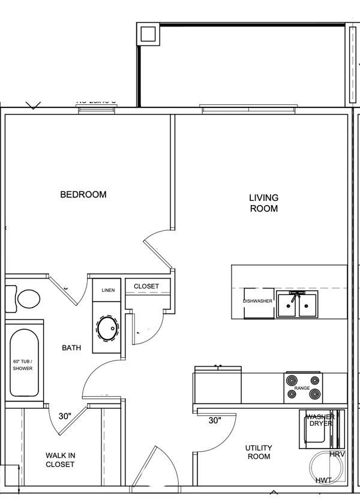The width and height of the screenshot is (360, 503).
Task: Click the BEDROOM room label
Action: coord(83,195)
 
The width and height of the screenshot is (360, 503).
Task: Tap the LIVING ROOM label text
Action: coord(264,203)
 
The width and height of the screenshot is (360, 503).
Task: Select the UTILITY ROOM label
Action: coord(259,453)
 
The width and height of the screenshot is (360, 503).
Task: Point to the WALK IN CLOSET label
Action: coord(60,459)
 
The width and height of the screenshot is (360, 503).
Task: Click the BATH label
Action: coord(71,348)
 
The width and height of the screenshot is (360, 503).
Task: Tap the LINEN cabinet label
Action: coord(108,290)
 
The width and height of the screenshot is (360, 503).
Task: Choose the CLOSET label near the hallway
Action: coord(146,287)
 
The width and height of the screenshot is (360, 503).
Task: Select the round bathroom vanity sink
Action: coord(108,328)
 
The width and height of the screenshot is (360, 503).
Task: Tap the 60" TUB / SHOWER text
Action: coord(23,365)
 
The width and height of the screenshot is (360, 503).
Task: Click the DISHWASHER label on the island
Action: coord(258,301)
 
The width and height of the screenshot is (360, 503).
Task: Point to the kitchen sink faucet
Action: coord(295,296)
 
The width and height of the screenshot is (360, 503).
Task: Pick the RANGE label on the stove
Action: coord(302,388)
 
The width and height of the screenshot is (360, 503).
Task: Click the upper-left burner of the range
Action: coord(292,380)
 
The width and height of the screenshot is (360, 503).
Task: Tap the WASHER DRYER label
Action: coord(320,420)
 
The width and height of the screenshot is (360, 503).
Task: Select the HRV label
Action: coord(337,454)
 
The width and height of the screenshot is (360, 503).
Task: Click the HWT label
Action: coord(323,481)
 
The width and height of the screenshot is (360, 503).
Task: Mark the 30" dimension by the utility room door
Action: coord(215,420)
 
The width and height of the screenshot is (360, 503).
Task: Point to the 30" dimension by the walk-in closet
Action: coord(65,416)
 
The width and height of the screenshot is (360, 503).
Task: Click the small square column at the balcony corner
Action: coord(147,34)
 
